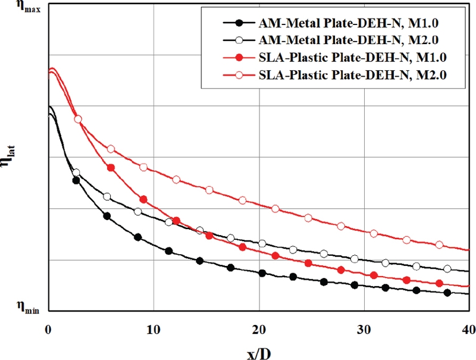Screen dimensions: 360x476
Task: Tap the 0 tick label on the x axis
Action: point(48,329)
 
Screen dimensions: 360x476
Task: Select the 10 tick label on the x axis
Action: point(153,329)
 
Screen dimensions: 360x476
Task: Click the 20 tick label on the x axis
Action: point(258,329)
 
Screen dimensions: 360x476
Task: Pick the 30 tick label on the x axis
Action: point(364,329)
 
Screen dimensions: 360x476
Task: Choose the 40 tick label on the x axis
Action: point(468,329)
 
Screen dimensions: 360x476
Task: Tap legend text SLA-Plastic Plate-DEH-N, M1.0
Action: point(353,58)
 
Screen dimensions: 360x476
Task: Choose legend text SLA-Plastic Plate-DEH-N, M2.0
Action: point(353,75)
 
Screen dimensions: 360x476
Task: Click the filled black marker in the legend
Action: point(239,23)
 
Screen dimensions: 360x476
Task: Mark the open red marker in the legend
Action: point(239,75)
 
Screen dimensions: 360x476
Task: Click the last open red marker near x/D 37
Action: point(440,245)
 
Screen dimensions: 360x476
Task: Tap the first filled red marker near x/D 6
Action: point(111,168)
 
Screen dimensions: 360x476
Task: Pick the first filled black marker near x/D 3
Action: point(76,180)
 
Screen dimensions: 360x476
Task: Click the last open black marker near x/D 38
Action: point(447,269)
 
